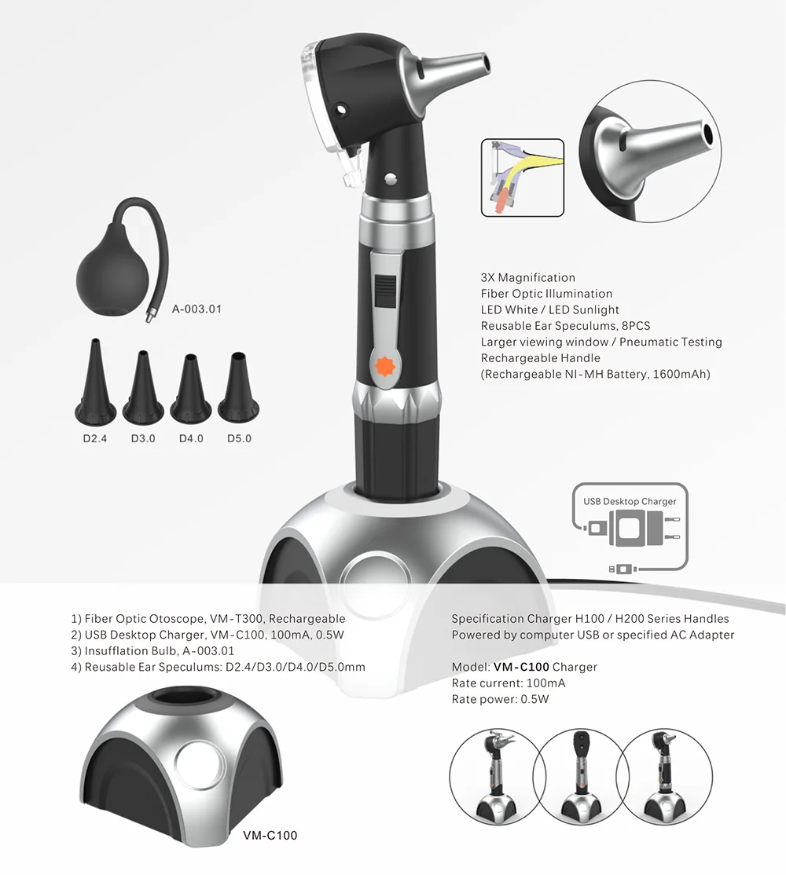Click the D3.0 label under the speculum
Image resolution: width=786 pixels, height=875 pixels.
pos(143,438)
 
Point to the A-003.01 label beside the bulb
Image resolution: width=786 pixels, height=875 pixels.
pos(196,309)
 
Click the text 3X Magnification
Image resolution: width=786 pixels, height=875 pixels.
pos(527,277)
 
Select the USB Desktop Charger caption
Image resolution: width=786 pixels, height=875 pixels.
pos(630,501)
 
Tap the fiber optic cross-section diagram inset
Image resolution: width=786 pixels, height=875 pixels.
pos(522,177)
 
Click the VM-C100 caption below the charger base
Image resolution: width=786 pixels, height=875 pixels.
pos(270,836)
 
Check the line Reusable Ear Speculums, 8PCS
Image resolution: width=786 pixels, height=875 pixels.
pos(565,326)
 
